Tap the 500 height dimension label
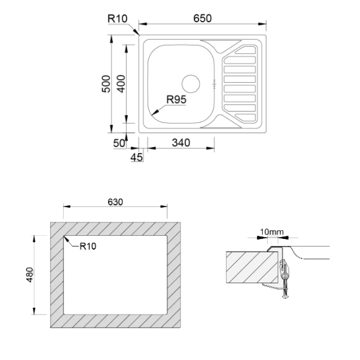[x=105, y=83]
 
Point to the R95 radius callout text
[x=176, y=100]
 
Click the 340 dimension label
[x=181, y=143]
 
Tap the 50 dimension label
[x=118, y=143]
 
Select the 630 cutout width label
[x=116, y=202]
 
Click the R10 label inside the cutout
[x=88, y=245]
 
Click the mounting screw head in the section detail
[x=286, y=293]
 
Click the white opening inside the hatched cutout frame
[x=115, y=274]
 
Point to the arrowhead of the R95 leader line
[x=154, y=114]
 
